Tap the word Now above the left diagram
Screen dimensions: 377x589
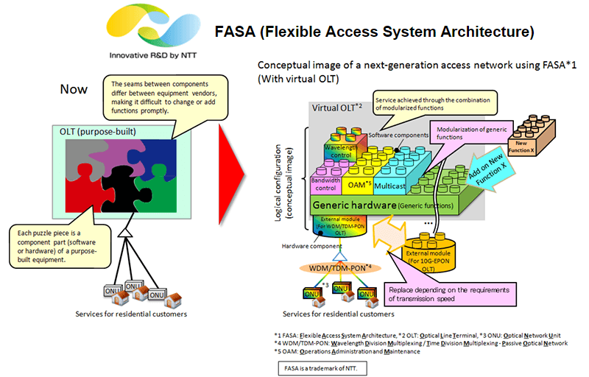tap(74, 89)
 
